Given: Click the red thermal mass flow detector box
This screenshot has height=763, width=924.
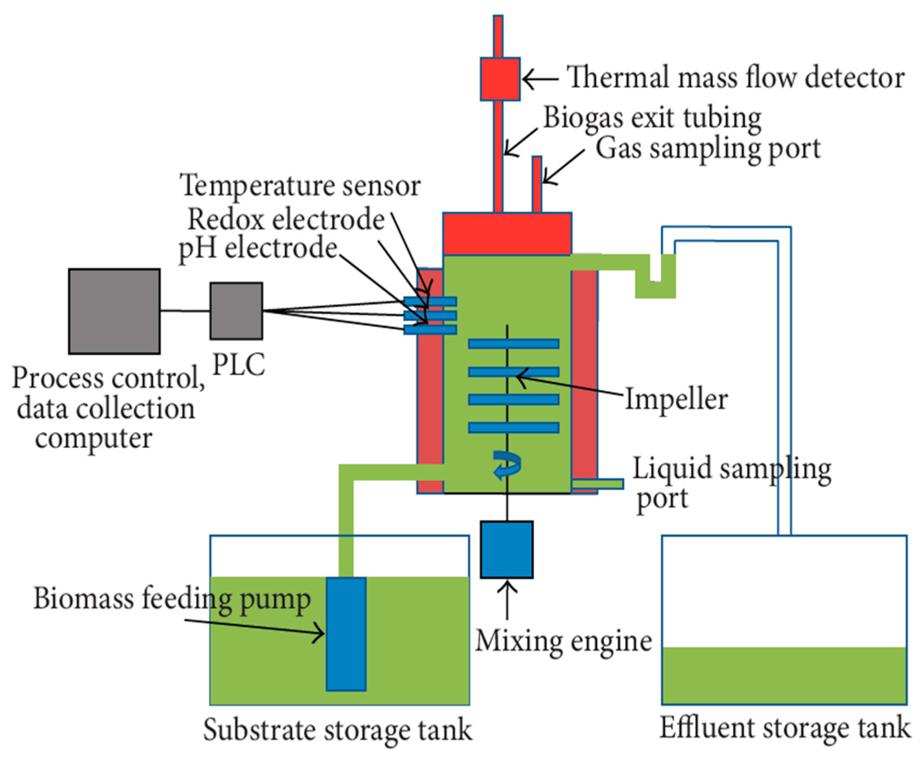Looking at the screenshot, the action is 500,79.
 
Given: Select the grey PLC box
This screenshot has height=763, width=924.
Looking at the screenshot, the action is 236,311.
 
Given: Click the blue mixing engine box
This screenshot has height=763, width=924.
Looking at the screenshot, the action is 506,550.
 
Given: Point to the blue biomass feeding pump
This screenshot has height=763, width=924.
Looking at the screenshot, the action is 346,634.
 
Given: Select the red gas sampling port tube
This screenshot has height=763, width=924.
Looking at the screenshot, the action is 537,185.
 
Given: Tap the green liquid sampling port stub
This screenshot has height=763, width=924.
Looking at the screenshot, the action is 597,483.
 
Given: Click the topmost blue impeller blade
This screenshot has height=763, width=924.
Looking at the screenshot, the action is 513,344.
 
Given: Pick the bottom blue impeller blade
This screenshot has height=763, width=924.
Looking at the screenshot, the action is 513,428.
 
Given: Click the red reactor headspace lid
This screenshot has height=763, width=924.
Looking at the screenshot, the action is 507,234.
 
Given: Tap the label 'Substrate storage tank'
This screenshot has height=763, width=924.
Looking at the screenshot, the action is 338,730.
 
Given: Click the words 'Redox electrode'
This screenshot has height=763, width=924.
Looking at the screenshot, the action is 286,219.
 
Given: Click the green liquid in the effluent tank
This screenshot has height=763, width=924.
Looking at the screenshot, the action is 784,675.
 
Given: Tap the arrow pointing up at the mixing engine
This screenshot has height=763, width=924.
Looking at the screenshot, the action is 507,600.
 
